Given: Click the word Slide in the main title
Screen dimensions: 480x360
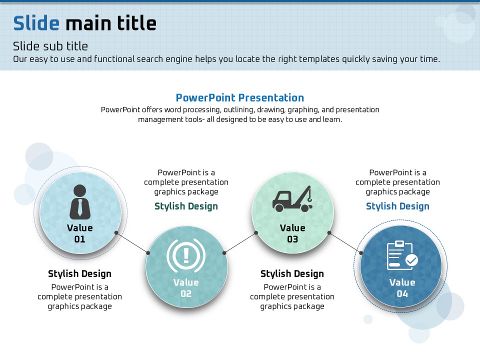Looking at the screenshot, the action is [x=36, y=23].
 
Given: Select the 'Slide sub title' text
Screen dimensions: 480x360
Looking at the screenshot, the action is [x=50, y=46].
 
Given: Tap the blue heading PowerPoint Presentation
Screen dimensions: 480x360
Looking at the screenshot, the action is [x=239, y=97].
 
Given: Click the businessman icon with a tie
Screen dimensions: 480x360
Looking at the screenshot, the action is [x=80, y=202].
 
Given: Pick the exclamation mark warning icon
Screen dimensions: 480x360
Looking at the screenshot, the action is [x=186, y=255].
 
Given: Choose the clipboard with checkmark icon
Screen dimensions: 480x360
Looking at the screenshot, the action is [x=402, y=255].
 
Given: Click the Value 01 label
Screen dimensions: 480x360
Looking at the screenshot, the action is [x=80, y=233].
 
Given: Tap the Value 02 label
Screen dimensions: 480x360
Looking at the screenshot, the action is [x=186, y=288].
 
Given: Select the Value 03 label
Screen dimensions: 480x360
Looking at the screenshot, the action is [x=292, y=233].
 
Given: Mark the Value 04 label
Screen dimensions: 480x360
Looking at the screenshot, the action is [x=402, y=288].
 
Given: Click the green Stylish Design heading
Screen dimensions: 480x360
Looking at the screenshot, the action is [x=186, y=206].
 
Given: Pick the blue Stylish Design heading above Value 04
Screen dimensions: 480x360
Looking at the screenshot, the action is [x=397, y=206].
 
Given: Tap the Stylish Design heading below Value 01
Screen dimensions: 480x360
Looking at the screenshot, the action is [x=79, y=273].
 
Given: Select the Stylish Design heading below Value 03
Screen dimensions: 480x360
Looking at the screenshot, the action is [x=292, y=273].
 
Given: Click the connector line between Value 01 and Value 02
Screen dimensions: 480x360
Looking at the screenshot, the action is [x=132, y=243].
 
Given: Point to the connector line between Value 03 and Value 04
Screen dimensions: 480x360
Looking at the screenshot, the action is [x=345, y=243].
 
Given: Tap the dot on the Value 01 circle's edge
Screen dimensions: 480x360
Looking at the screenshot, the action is [x=116, y=232].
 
